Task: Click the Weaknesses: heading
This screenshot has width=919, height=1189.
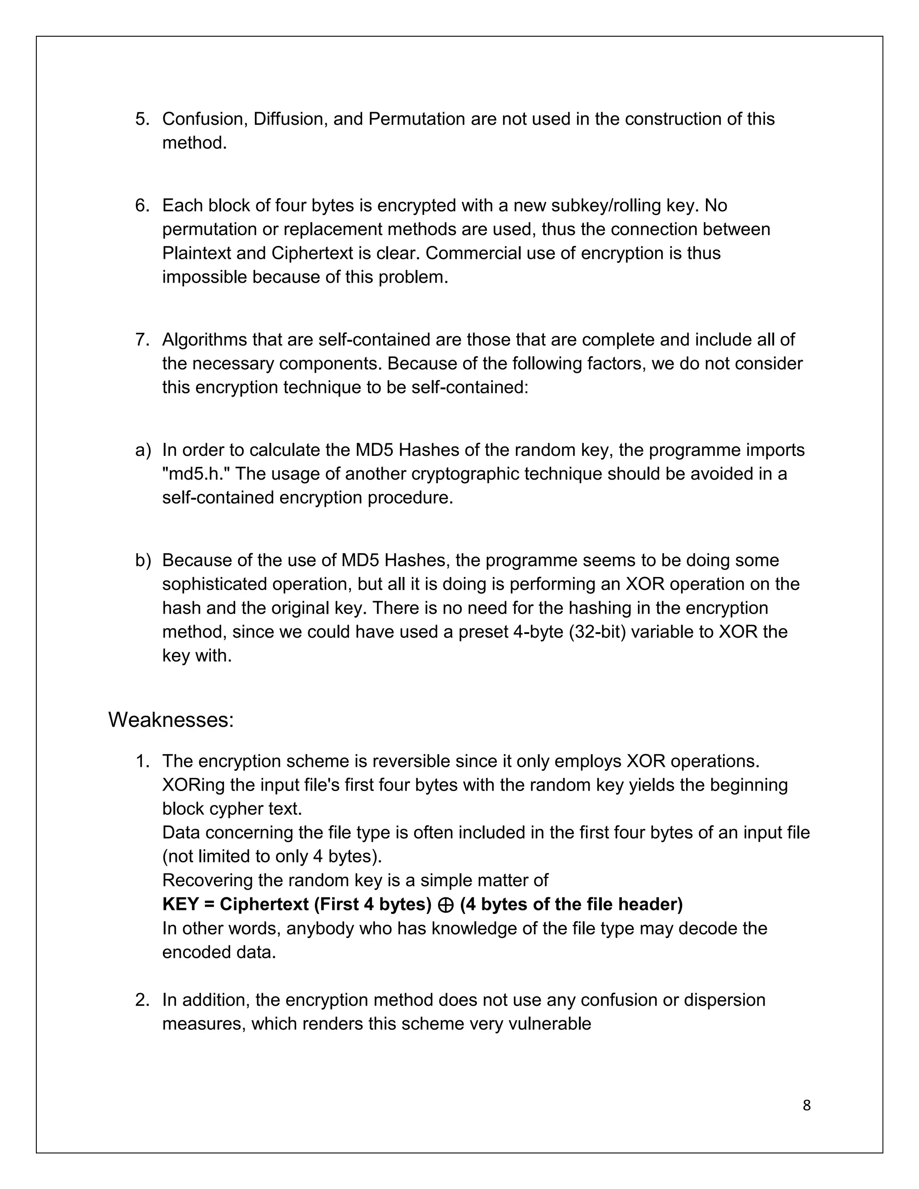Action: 171,720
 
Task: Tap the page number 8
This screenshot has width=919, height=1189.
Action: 806,1105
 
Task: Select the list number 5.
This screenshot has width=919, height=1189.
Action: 142,119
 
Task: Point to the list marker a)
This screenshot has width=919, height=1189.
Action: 143,450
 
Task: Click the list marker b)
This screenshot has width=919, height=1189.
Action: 143,560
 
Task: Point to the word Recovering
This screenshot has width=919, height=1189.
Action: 207,880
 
